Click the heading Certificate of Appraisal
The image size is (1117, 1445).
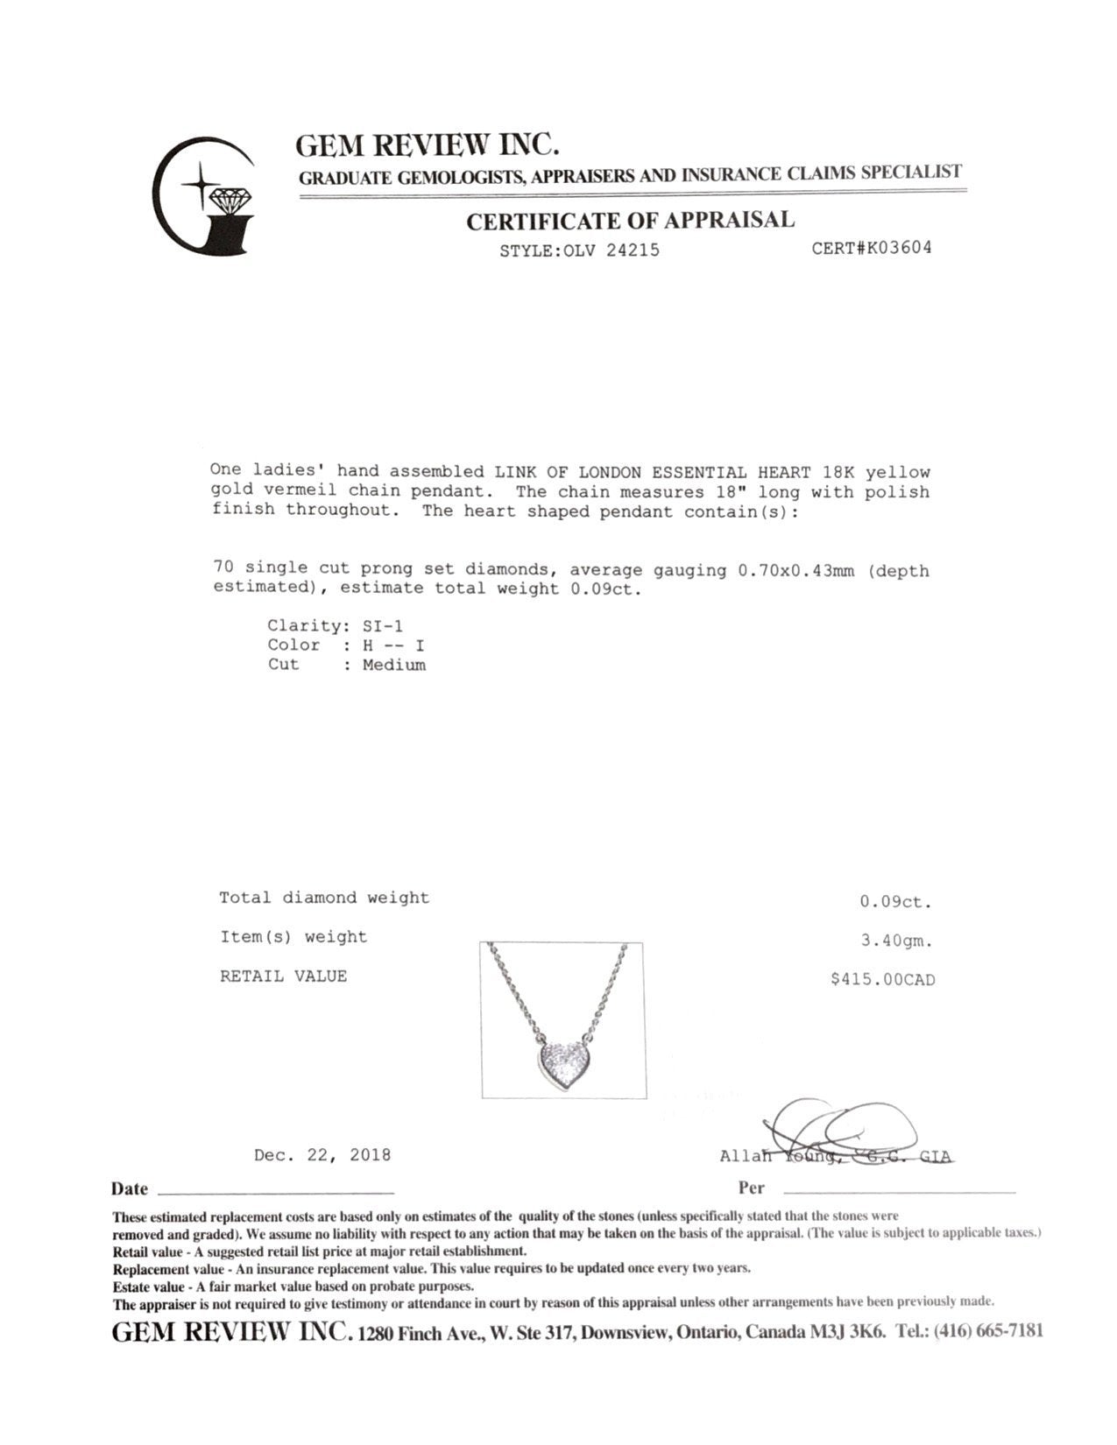point(630,221)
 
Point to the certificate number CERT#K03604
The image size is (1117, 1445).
point(871,248)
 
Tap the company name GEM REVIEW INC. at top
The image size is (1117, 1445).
point(427,144)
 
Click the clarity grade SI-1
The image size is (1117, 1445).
point(383,626)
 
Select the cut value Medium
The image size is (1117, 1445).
point(394,666)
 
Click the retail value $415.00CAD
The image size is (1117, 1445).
point(882,980)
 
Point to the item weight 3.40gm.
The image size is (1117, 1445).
point(897,941)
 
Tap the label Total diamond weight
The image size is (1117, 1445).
point(324,898)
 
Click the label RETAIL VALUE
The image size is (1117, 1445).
point(283,976)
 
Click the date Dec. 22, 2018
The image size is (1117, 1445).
point(322,1155)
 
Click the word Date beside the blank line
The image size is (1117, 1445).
point(130,1189)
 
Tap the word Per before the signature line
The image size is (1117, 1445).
point(751,1188)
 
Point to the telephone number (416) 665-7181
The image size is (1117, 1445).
point(988,1332)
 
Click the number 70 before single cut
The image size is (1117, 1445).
point(223,567)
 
